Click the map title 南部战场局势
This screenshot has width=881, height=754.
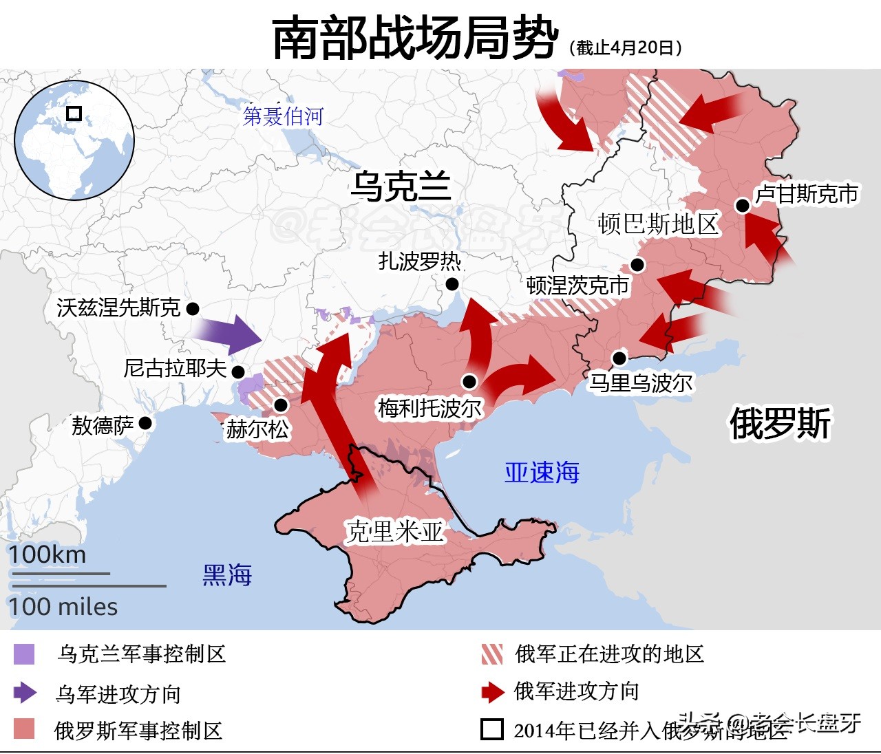pyautogui.click(x=415, y=38)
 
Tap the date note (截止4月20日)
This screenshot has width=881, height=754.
pyautogui.click(x=626, y=47)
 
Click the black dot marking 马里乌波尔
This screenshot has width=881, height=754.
pyautogui.click(x=619, y=358)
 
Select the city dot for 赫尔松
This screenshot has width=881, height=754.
pyautogui.click(x=280, y=405)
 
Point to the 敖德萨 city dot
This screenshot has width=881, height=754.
pyautogui.click(x=145, y=423)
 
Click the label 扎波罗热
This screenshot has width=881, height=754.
pyautogui.click(x=419, y=261)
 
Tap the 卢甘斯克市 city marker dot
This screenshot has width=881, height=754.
pyautogui.click(x=742, y=205)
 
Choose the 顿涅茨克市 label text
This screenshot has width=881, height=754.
pyautogui.click(x=577, y=286)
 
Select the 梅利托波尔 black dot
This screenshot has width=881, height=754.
pyautogui.click(x=469, y=381)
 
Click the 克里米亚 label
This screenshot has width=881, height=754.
pyautogui.click(x=394, y=532)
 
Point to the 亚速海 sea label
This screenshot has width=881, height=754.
pyautogui.click(x=542, y=473)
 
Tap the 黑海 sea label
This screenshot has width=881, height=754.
pyautogui.click(x=227, y=574)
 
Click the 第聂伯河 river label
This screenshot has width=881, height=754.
pyautogui.click(x=283, y=116)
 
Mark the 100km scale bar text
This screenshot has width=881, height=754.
pyautogui.click(x=47, y=554)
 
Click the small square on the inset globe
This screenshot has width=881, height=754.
pyautogui.click(x=74, y=113)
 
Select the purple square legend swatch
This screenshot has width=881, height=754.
pyautogui.click(x=24, y=654)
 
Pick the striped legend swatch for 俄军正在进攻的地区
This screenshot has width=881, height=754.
pyautogui.click(x=492, y=654)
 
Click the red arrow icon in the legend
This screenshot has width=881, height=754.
pyautogui.click(x=493, y=692)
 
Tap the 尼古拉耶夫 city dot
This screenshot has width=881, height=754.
pyautogui.click(x=238, y=372)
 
